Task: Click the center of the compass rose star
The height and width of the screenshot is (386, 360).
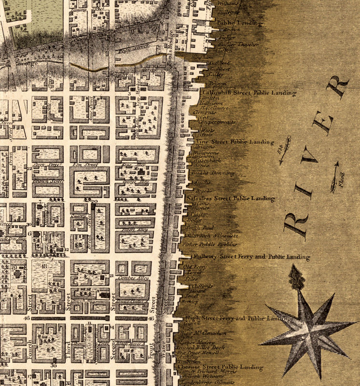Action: click(307, 332)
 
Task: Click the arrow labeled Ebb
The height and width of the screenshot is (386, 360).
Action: click(285, 150)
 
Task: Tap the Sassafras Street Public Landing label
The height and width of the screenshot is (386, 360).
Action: click(231, 198)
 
